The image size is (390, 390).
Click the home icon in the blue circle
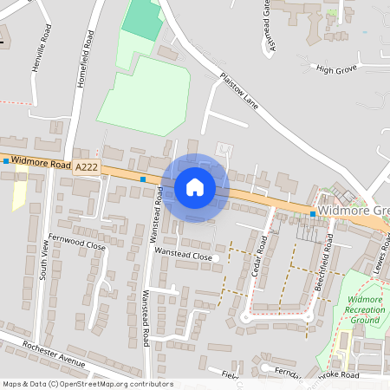click(x=195, y=186)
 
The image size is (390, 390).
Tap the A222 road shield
click(x=87, y=166)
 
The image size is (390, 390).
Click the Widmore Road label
click(x=41, y=163)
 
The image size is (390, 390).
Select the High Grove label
click(x=336, y=68)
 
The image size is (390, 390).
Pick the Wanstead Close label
click(x=183, y=257)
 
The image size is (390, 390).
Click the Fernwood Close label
click(x=77, y=246)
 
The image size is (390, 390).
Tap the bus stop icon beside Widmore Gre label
click(x=313, y=213)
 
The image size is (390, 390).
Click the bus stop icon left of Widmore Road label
click(x=6, y=161)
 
